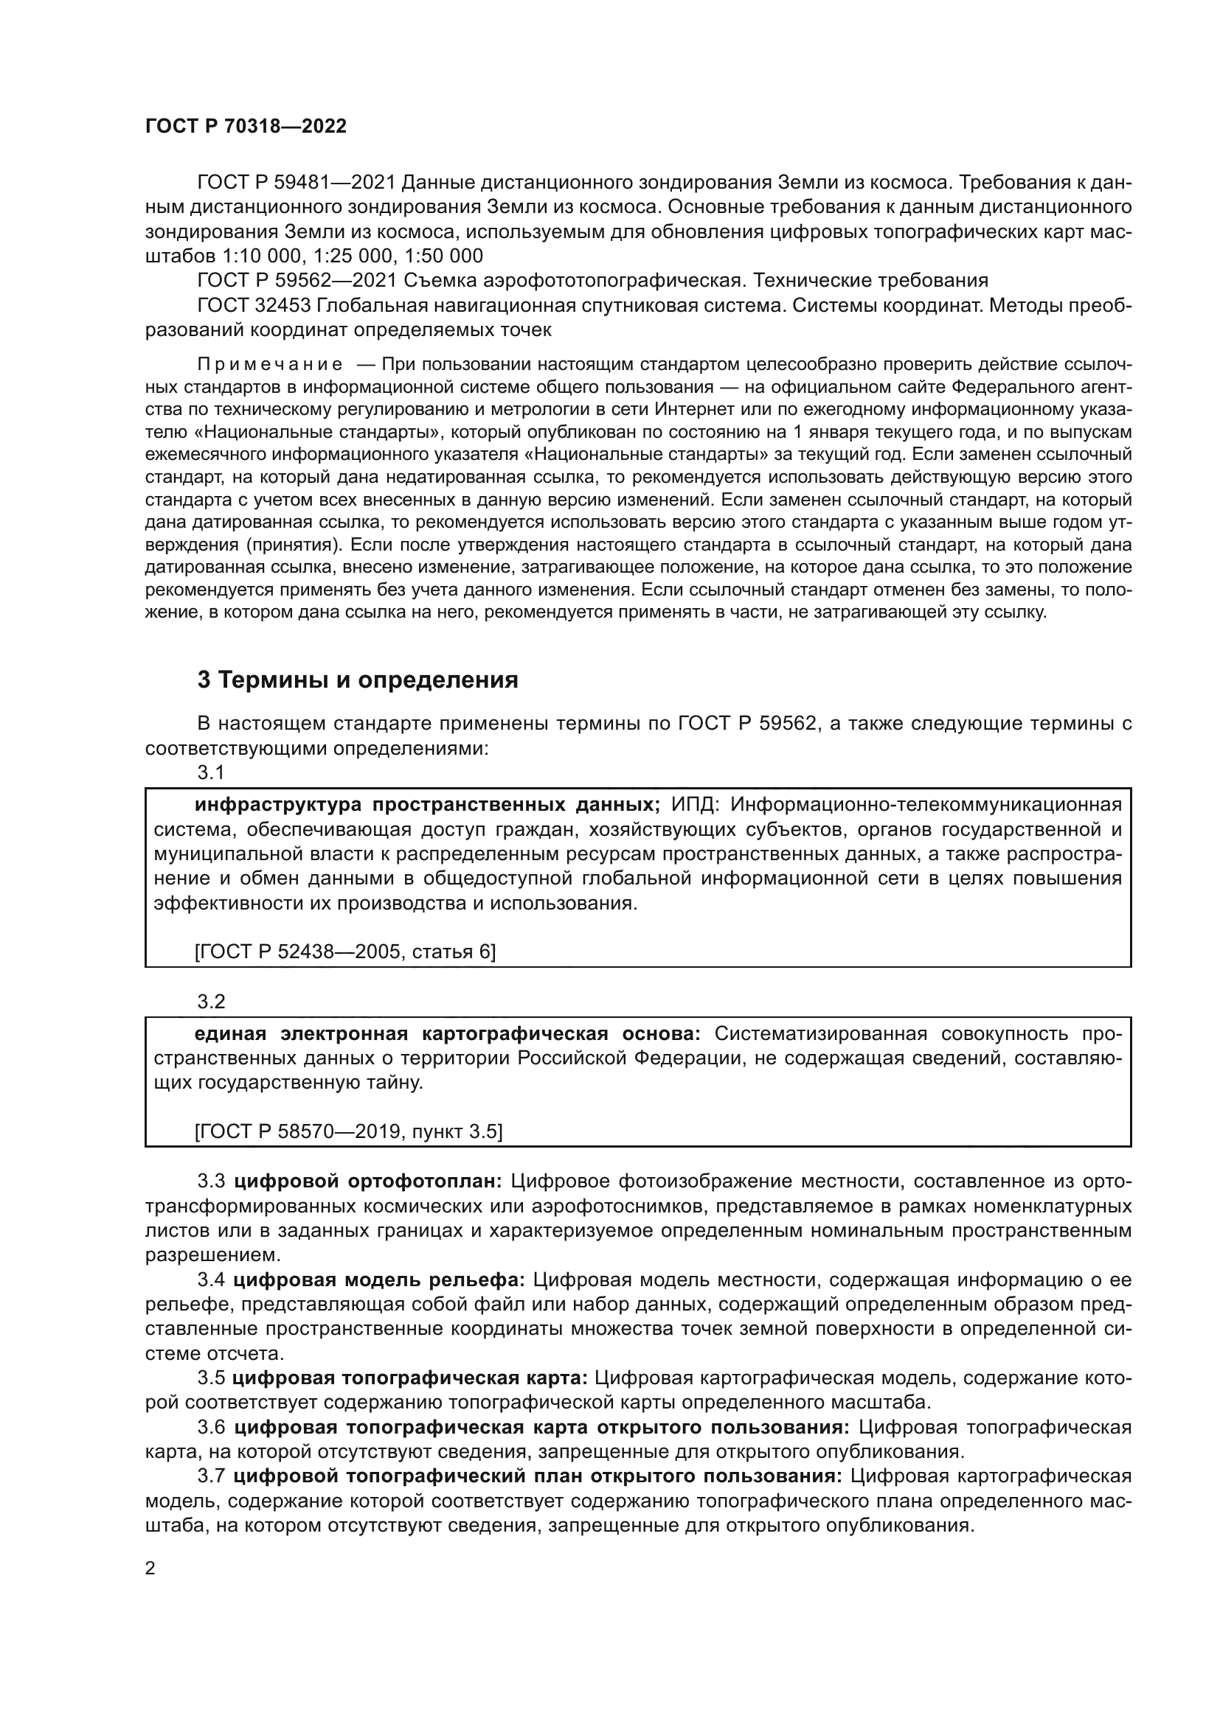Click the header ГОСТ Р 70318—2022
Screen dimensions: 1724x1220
click(246, 127)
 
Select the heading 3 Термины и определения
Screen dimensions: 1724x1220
click(358, 680)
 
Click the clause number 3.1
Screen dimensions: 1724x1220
click(211, 772)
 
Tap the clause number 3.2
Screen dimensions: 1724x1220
click(211, 1002)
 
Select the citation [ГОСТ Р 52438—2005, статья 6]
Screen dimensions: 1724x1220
click(344, 952)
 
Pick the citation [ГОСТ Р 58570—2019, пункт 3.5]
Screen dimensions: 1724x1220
click(349, 1131)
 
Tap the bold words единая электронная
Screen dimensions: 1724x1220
click(300, 1034)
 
